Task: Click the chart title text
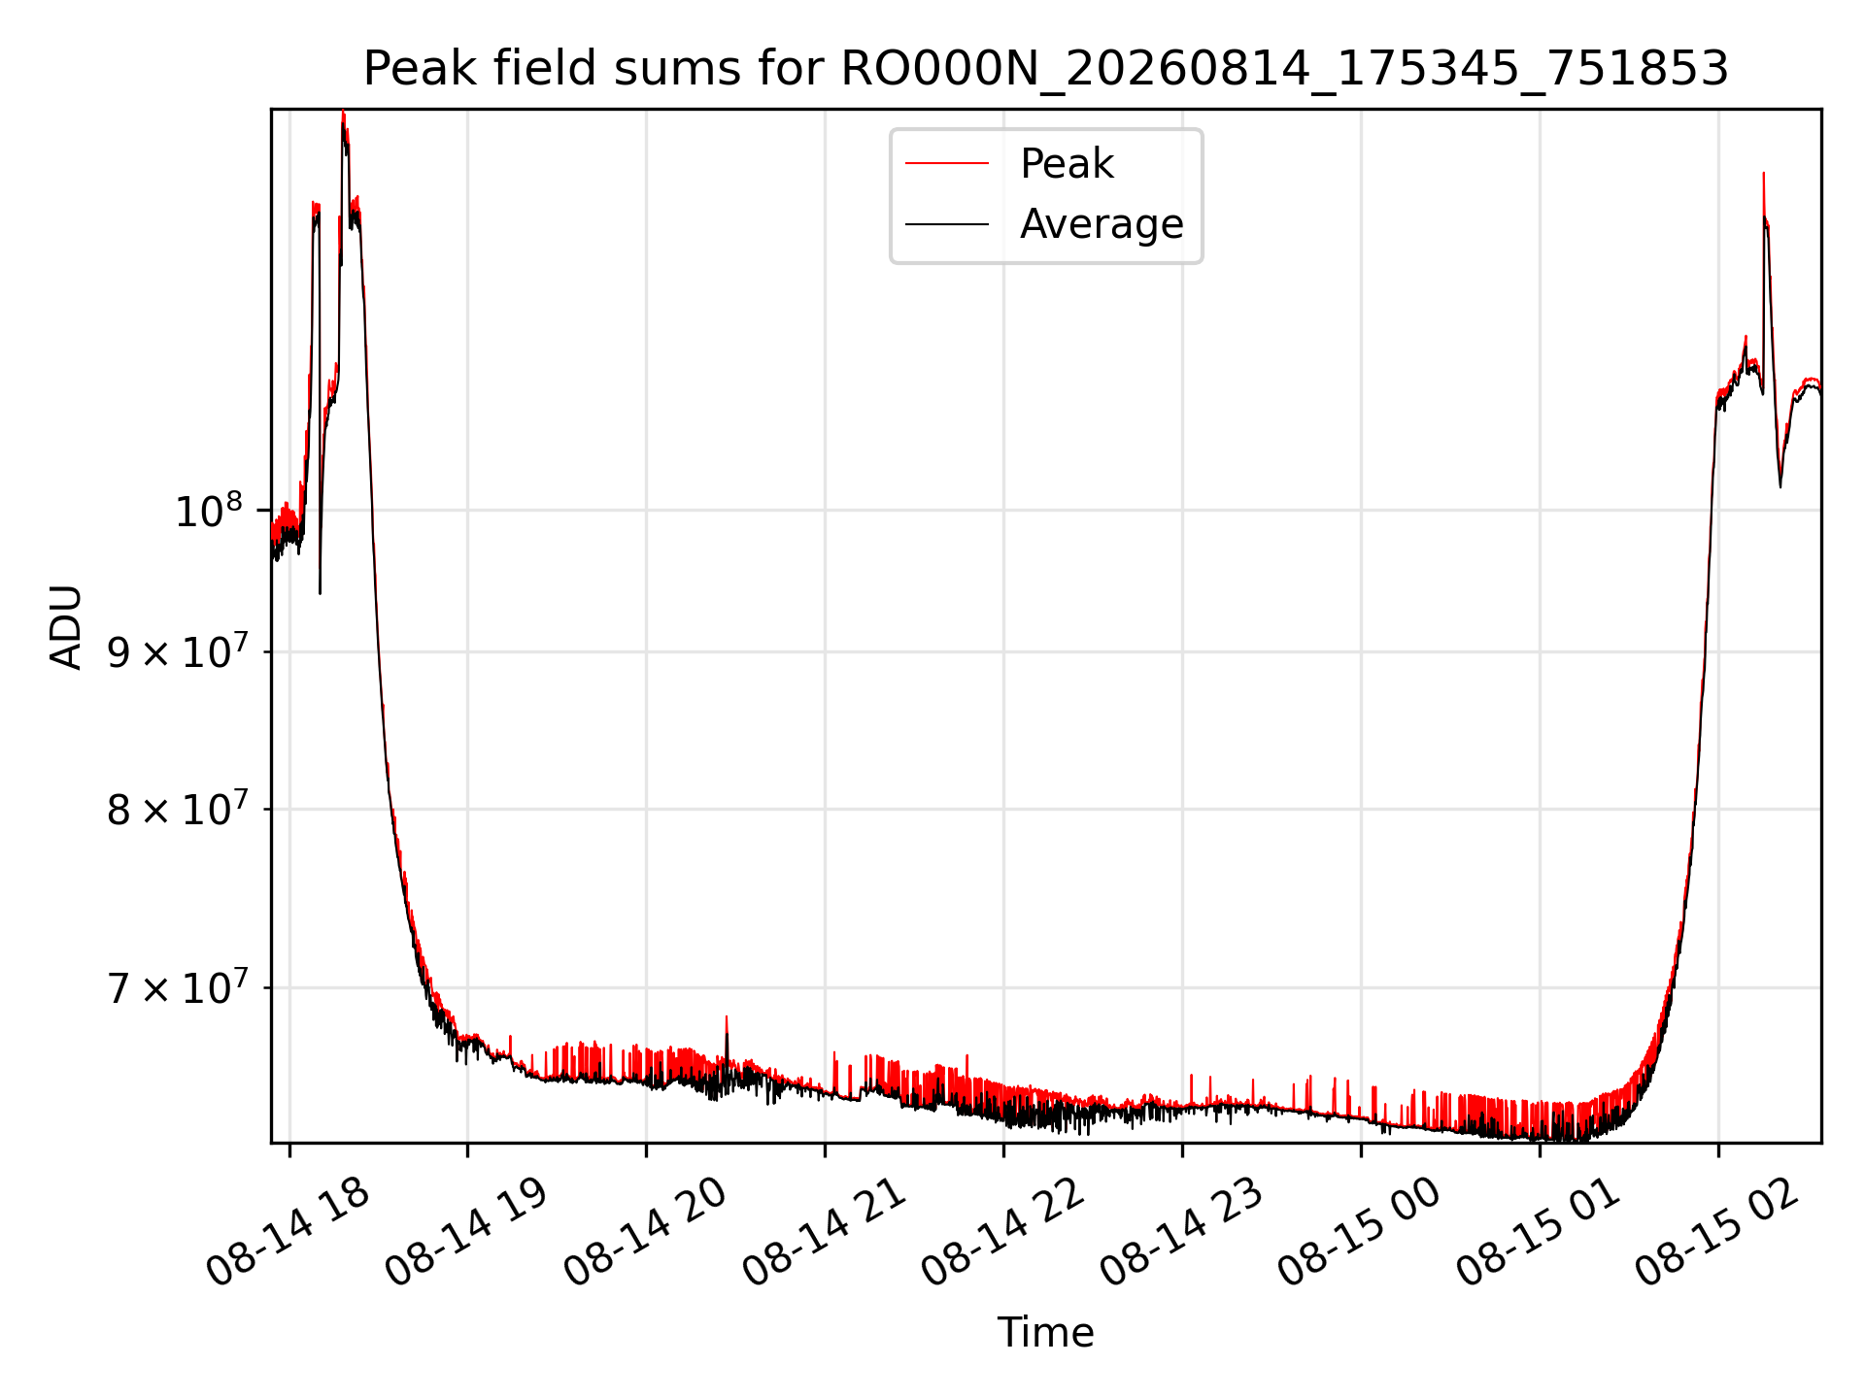(x=1046, y=69)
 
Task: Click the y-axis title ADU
(x=66, y=626)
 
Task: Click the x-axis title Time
(x=1046, y=1332)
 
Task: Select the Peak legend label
(x=1067, y=163)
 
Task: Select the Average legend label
(x=1102, y=224)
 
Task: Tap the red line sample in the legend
(x=947, y=164)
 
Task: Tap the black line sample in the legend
(x=947, y=225)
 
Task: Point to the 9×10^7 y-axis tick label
(x=178, y=651)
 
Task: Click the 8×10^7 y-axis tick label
(x=178, y=809)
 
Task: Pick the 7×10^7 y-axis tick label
(x=178, y=987)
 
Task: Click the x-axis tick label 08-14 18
(x=288, y=1232)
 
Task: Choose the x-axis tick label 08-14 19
(x=467, y=1232)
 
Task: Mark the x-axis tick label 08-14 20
(x=646, y=1232)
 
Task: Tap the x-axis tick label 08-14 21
(x=825, y=1232)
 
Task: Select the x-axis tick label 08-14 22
(x=1003, y=1232)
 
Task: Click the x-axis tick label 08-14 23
(x=1182, y=1232)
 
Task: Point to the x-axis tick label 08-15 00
(x=1360, y=1232)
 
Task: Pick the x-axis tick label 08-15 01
(x=1539, y=1232)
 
